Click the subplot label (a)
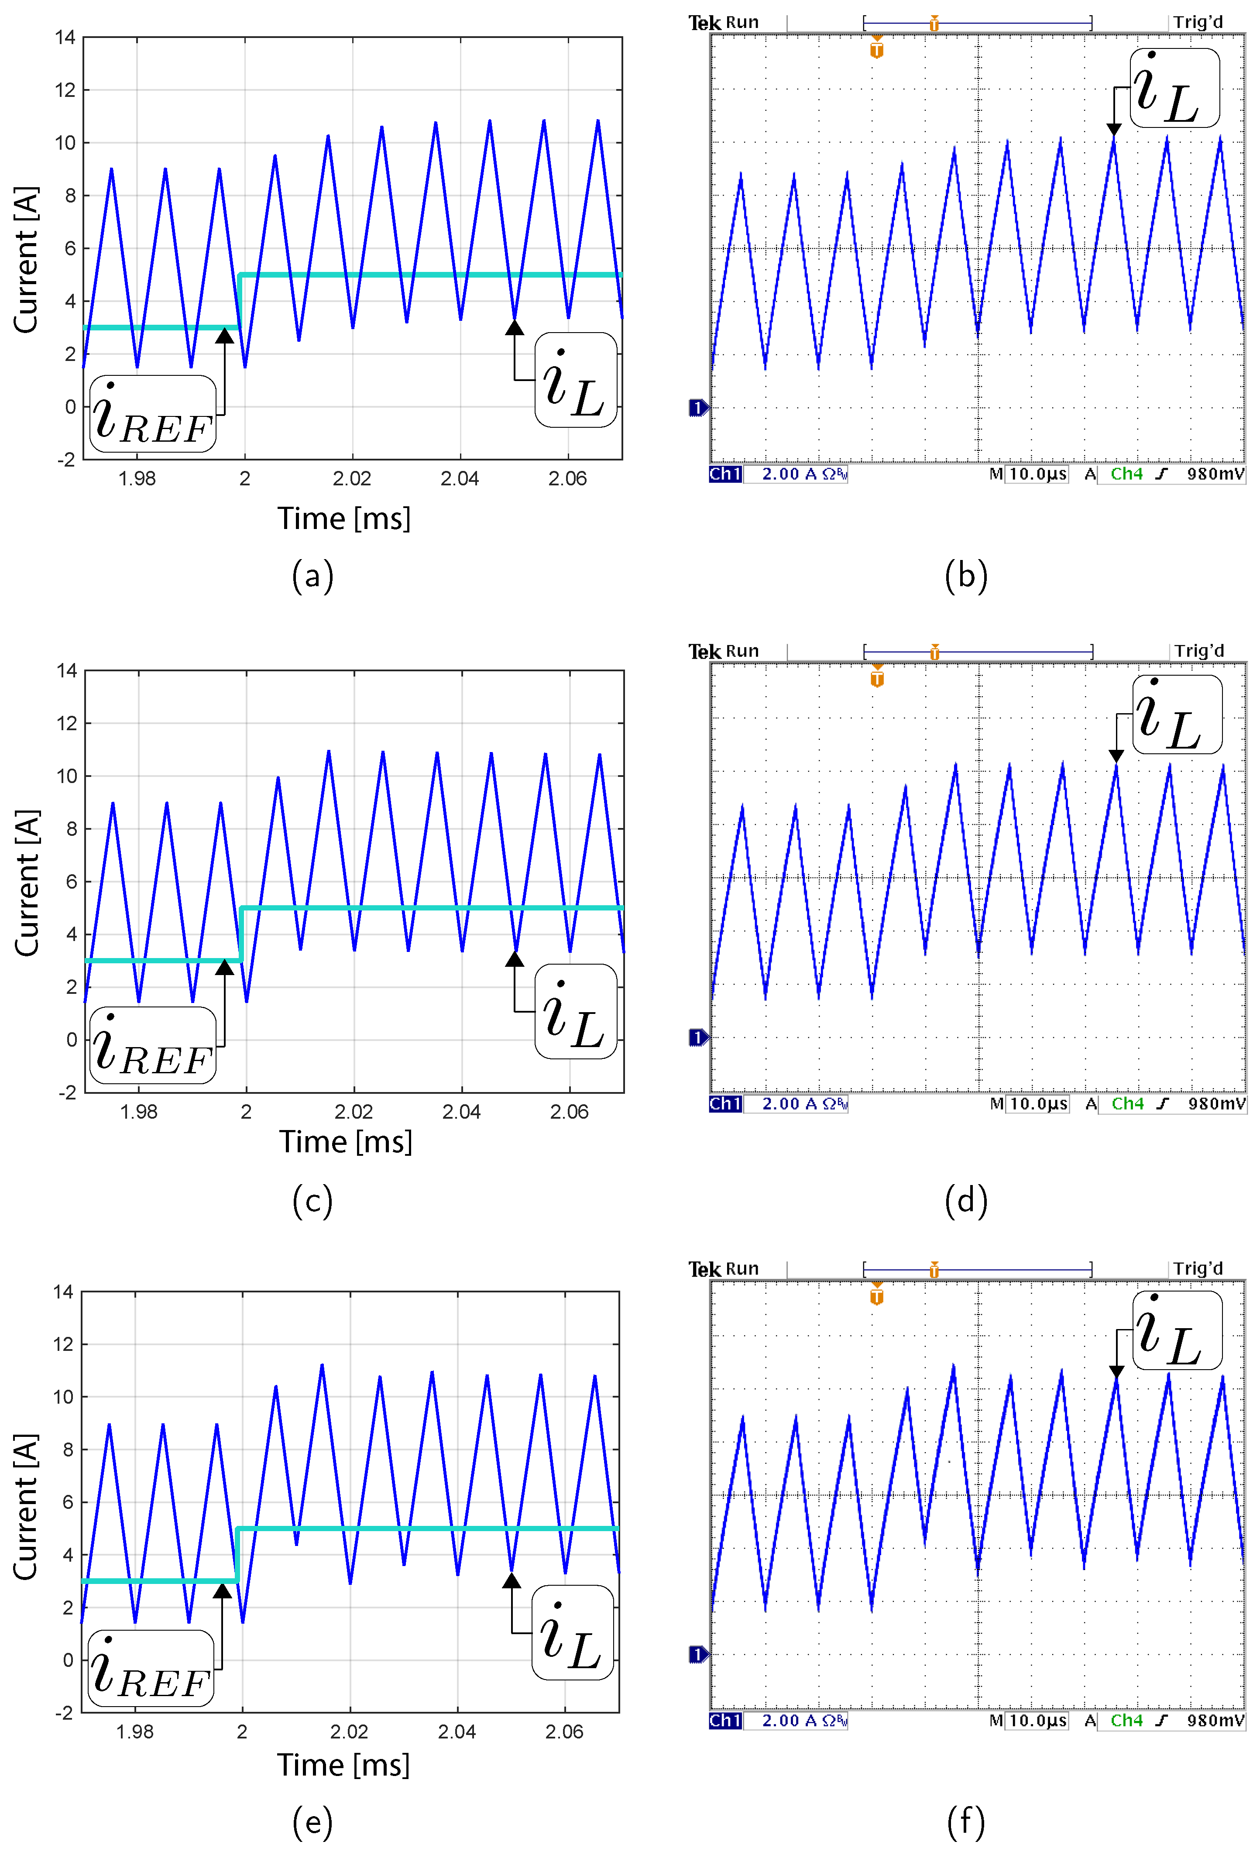313,576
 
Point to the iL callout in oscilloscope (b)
1174,88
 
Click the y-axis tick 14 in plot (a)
65,38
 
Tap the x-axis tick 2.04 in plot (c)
461,1112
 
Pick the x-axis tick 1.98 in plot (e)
135,1732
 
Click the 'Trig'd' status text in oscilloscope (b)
1198,22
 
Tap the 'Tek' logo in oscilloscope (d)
704,652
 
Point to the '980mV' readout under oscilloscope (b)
1215,474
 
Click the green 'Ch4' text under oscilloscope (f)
1127,1721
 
